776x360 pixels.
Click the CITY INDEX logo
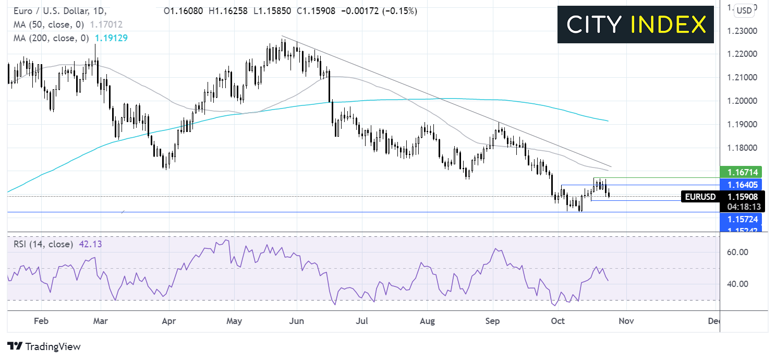click(635, 25)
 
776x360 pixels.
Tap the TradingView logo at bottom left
click(44, 346)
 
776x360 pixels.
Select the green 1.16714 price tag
click(740, 172)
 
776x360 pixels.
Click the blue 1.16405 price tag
click(740, 184)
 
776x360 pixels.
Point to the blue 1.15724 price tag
click(740, 219)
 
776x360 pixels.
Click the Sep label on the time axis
click(492, 321)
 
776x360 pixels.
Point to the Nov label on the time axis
click(626, 321)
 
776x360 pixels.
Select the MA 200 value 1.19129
click(110, 38)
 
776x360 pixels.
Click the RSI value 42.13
click(90, 244)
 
